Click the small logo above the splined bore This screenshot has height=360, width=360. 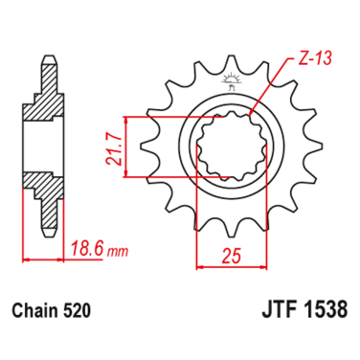click(x=230, y=103)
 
